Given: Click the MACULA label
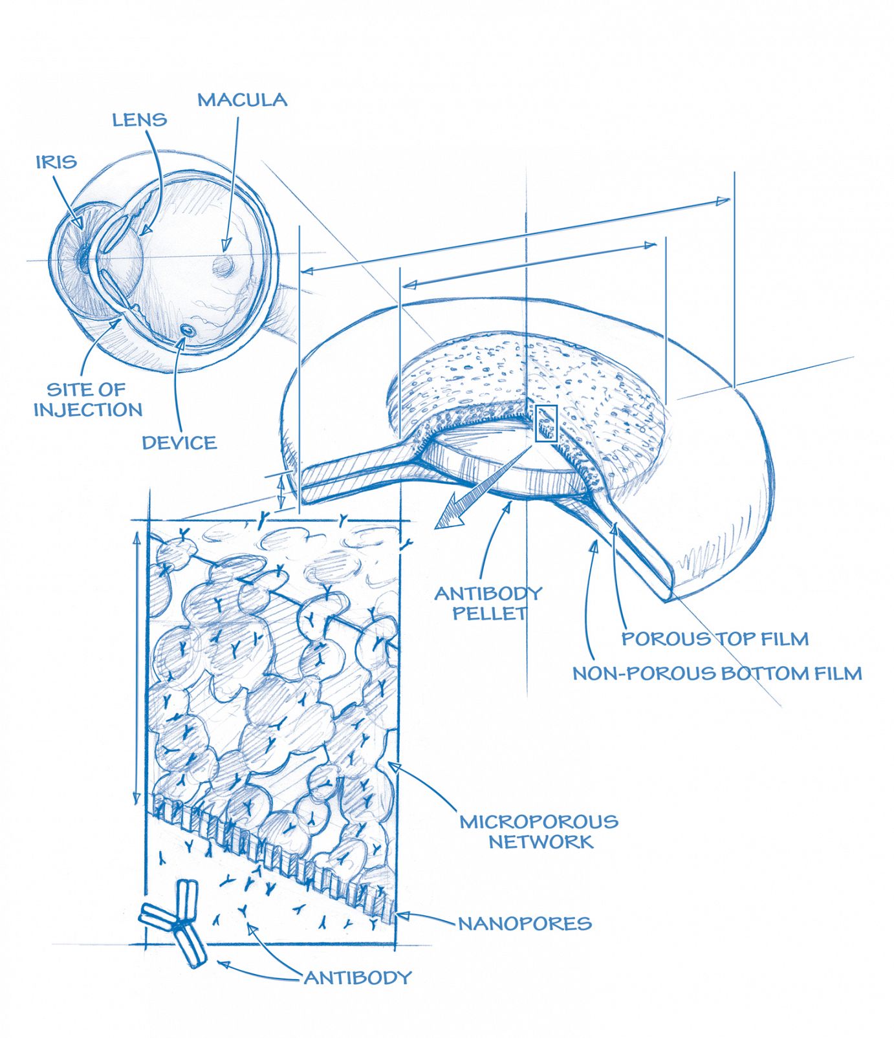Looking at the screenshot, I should click(x=242, y=100).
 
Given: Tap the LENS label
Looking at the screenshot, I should click(x=140, y=120).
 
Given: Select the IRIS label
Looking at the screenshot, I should click(x=56, y=162).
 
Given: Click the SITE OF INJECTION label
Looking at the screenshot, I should click(x=88, y=400).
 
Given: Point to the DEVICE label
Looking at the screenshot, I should click(x=179, y=443).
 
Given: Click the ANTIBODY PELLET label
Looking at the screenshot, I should click(x=488, y=603).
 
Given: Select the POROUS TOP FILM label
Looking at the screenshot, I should click(x=715, y=639).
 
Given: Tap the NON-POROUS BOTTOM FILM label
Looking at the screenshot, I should click(x=717, y=673).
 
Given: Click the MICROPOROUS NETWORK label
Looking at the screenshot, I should click(x=539, y=832).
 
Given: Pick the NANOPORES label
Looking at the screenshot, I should click(x=525, y=924).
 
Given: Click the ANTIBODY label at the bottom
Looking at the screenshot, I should click(x=358, y=977).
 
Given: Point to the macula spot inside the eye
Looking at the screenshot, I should click(x=224, y=265).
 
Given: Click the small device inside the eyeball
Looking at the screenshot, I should click(x=188, y=330).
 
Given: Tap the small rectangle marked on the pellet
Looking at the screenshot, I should click(x=546, y=424).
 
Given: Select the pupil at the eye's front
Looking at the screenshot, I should click(x=82, y=259).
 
